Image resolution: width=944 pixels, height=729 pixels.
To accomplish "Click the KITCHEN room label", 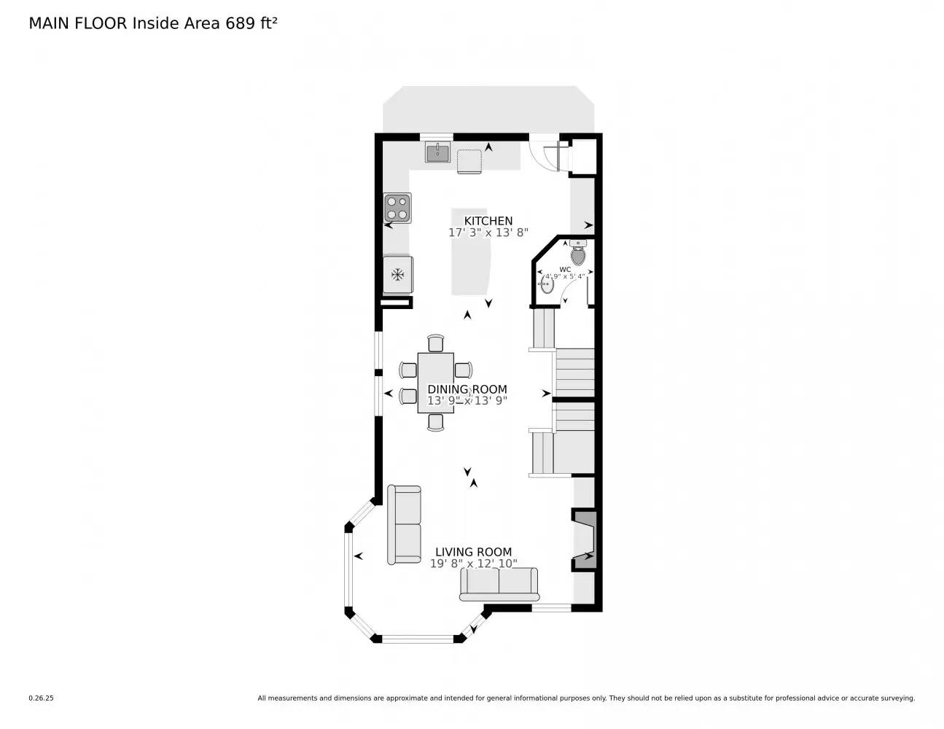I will [x=488, y=221].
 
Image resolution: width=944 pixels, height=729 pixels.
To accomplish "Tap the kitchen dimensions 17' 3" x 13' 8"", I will [x=488, y=233].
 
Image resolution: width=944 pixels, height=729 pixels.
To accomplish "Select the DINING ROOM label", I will [x=467, y=389].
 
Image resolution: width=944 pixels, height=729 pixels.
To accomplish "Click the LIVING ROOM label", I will [x=474, y=552].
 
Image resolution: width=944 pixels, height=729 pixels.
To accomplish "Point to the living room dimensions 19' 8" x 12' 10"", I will [x=474, y=564].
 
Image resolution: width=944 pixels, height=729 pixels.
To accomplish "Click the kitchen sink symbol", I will [x=437, y=152].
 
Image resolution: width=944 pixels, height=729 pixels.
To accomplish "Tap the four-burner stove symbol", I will [x=397, y=208].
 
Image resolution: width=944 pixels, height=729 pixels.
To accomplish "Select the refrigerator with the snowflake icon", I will [x=398, y=275].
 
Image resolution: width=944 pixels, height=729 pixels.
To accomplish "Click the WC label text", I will [x=565, y=270].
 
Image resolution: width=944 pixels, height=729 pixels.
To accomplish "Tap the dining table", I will [x=436, y=383].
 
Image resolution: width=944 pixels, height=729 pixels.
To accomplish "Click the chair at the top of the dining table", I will [x=436, y=343].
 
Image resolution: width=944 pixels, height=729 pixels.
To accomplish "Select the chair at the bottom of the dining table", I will [x=436, y=422].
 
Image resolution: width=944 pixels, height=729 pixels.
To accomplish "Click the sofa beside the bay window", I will [x=404, y=524].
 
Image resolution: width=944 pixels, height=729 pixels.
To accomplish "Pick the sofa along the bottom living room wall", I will [x=499, y=584].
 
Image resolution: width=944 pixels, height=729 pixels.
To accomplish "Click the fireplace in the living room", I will [x=585, y=539].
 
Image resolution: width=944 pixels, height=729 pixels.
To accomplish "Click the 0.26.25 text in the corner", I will [x=42, y=698].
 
